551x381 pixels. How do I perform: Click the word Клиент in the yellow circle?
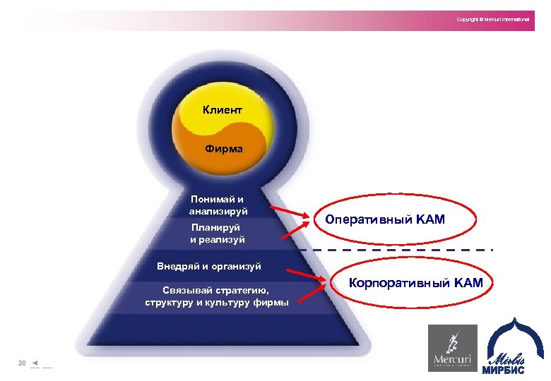(222, 110)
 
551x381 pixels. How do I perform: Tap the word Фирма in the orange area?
(223, 149)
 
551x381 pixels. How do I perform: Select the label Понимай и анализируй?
(218, 205)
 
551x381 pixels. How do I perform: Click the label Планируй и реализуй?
(218, 234)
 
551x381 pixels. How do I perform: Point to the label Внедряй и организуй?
(209, 266)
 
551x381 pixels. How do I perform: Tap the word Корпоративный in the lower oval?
(392, 284)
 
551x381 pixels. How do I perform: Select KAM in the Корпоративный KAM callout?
(466, 284)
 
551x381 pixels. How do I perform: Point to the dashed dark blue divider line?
(396, 250)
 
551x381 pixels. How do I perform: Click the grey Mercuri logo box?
(453, 347)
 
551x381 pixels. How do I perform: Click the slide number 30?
(22, 363)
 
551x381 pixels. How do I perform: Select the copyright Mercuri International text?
(492, 19)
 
